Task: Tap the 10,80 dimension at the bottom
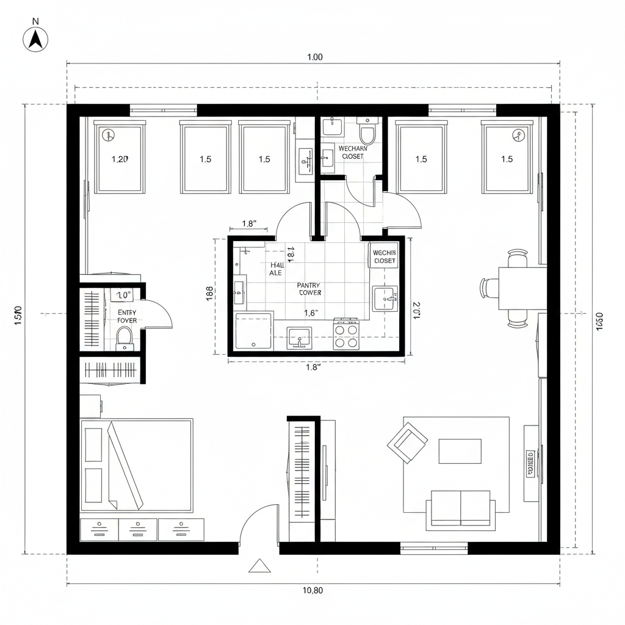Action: pos(312,590)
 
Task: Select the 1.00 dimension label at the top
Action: pos(314,57)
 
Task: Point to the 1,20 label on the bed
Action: pos(120,159)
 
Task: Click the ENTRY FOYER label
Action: pos(127,316)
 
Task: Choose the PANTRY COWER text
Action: pos(309,289)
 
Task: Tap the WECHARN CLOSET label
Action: pos(351,152)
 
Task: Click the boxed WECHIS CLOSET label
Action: pos(385,256)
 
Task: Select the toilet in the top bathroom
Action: pos(367,132)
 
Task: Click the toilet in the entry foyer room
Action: pos(125,337)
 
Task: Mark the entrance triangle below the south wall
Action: pos(259,566)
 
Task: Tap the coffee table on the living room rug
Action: pos(460,451)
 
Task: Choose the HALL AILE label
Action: pos(276,269)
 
